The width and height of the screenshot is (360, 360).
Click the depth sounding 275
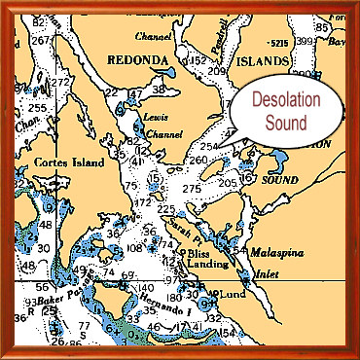(x=191, y=188)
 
